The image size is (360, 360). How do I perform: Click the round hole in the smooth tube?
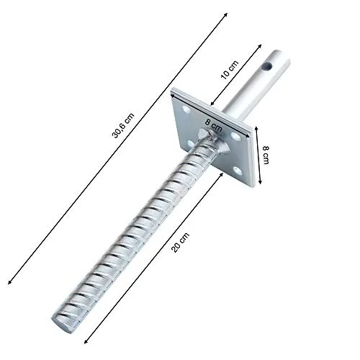click(270, 67)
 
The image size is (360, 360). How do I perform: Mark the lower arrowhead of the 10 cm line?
click(207, 101)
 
